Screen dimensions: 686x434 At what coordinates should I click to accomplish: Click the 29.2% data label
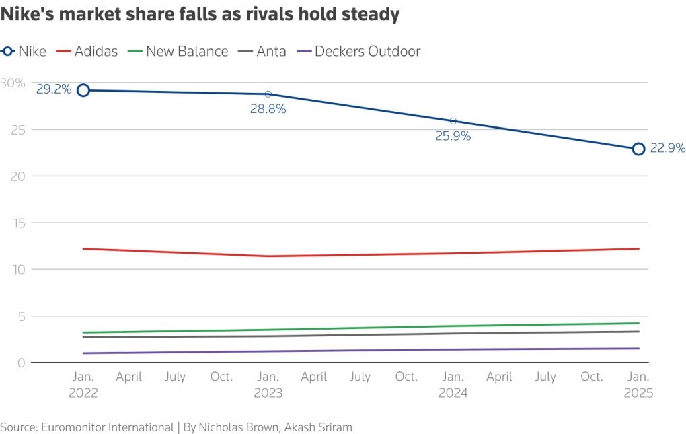point(53,89)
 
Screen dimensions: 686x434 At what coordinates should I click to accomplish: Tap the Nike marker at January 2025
point(638,149)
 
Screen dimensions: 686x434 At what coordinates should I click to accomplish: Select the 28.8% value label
point(268,109)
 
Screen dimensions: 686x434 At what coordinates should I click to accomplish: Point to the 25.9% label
point(453,136)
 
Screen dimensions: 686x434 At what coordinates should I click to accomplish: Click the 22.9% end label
point(668,148)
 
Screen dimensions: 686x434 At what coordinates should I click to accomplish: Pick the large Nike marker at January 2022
point(83,91)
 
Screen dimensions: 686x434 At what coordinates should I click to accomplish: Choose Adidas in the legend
point(87,51)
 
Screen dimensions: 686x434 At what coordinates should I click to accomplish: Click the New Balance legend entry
point(178,51)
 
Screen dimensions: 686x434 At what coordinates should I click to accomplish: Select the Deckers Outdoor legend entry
point(358,51)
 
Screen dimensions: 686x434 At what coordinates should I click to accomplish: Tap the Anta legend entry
point(262,51)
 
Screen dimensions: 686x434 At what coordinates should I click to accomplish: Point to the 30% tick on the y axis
point(13,83)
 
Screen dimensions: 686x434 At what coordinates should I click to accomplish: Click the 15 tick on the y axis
point(20,223)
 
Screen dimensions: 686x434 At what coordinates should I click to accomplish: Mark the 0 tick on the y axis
point(21,363)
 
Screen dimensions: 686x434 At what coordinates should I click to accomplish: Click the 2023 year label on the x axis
point(268,393)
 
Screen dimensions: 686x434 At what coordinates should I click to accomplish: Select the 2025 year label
point(638,393)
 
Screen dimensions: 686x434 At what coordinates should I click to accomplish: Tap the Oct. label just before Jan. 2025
point(591,377)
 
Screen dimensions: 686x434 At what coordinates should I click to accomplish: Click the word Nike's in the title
point(27,14)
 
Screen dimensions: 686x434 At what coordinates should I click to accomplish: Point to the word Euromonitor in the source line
point(75,427)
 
